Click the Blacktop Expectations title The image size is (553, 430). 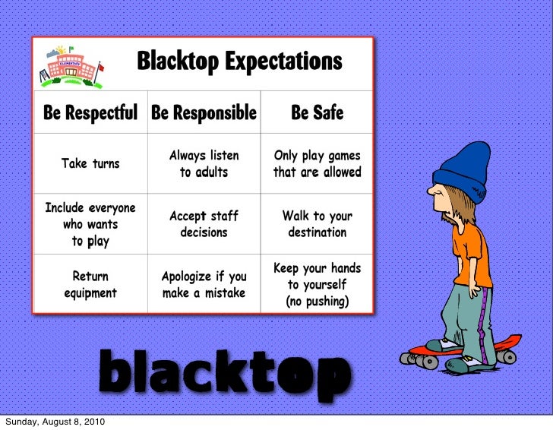coord(239,60)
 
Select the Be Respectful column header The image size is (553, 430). coord(90,113)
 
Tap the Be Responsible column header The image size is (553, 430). coord(204,113)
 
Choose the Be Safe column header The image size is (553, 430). coord(318,113)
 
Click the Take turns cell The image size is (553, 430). coord(90,163)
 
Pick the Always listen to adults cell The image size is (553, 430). coord(204,163)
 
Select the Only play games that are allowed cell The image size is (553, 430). coord(318,163)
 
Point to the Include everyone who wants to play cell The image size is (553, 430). coord(90,224)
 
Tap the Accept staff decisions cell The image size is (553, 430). coord(204,224)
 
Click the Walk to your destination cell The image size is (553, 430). coord(318,224)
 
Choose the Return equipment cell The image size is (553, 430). coord(90,284)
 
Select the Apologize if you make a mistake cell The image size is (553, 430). coord(204,284)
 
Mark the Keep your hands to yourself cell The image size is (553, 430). coord(318,284)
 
